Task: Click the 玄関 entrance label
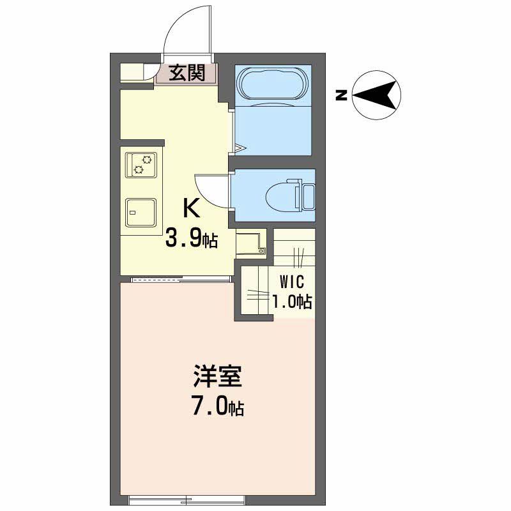click(187, 73)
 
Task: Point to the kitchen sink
click(141, 211)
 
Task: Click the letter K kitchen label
click(192, 208)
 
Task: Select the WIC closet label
click(291, 282)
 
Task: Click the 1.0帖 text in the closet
click(292, 301)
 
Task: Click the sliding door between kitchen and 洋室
click(180, 278)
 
